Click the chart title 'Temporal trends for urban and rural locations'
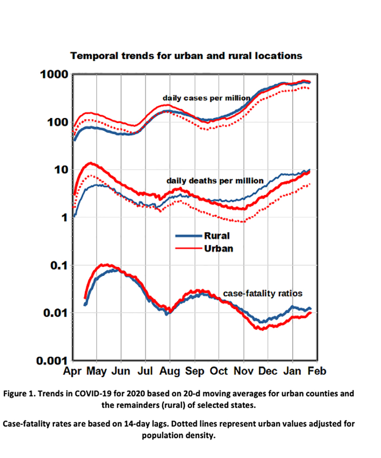[186, 56]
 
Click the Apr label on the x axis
[73, 371]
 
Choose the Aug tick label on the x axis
[170, 371]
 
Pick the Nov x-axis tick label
[243, 371]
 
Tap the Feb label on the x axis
[317, 371]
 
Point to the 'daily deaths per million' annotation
[215, 181]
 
